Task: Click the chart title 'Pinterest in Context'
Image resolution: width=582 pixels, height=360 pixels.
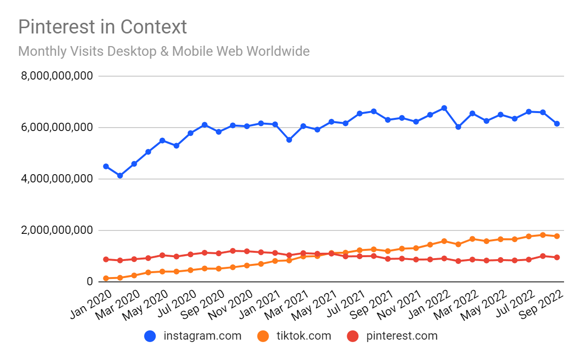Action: click(102, 27)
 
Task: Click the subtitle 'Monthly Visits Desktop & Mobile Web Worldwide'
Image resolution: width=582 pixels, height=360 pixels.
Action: click(164, 51)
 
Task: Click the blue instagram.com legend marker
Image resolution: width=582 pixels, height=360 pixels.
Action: click(150, 336)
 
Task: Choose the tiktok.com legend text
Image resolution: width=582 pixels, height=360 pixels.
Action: click(303, 336)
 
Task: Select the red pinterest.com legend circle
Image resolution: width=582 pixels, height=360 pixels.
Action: click(353, 336)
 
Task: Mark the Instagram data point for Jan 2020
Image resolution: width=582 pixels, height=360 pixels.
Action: click(106, 166)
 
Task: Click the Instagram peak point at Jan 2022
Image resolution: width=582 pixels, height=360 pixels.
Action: click(444, 108)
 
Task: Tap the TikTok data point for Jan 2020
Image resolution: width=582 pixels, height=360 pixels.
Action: click(106, 278)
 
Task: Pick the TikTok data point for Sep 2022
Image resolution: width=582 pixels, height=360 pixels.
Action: click(557, 236)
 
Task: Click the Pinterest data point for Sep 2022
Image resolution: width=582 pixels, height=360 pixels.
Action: click(557, 258)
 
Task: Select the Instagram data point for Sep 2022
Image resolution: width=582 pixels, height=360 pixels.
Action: click(557, 124)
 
